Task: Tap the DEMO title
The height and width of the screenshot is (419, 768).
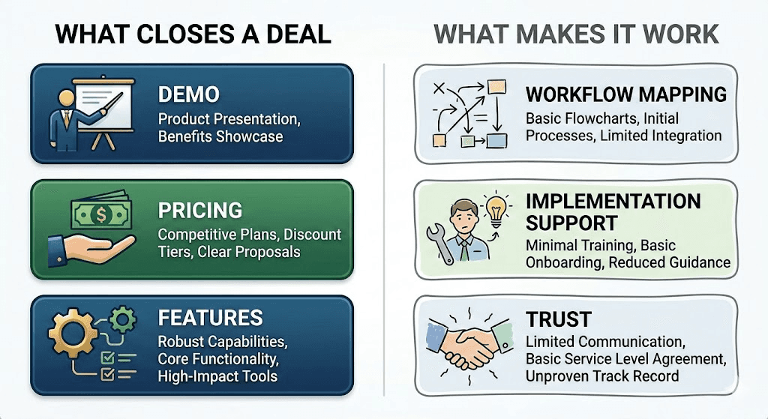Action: pos(188,94)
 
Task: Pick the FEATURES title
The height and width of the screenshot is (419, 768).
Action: pos(210,317)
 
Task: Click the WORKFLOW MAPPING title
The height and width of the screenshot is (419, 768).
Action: pos(625,94)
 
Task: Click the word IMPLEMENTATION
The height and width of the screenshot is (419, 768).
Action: pos(613,202)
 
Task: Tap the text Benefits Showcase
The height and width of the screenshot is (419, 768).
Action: pos(220,136)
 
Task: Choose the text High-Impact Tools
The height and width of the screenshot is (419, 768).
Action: pos(217,376)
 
